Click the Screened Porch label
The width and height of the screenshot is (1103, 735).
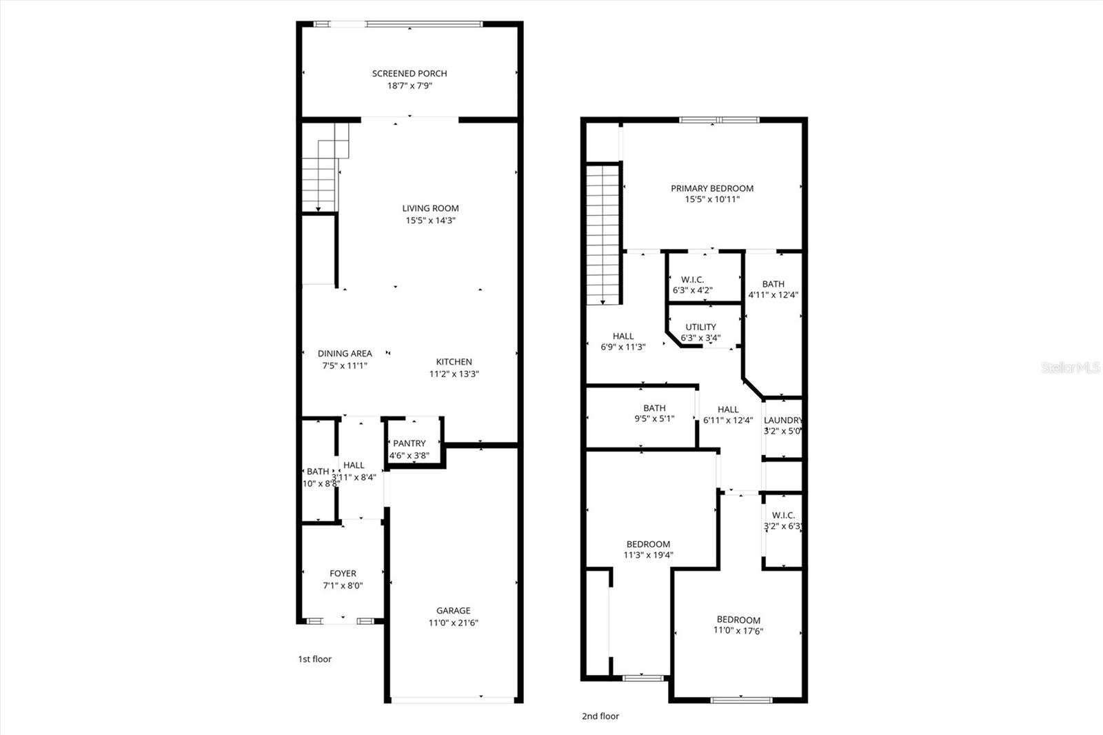pyautogui.click(x=409, y=73)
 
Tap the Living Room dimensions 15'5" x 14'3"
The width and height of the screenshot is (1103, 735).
pyautogui.click(x=430, y=221)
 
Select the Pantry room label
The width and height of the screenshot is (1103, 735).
pyautogui.click(x=409, y=443)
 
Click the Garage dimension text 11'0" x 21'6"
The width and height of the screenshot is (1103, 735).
pyautogui.click(x=453, y=623)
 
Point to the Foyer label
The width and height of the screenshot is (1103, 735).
pyautogui.click(x=343, y=573)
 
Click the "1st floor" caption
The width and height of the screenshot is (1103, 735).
pyautogui.click(x=314, y=659)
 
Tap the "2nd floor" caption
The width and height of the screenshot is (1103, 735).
pyautogui.click(x=600, y=716)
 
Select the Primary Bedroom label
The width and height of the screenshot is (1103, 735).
pyautogui.click(x=712, y=188)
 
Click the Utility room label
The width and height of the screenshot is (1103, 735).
pyautogui.click(x=700, y=327)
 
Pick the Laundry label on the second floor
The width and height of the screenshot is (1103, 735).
pyautogui.click(x=782, y=420)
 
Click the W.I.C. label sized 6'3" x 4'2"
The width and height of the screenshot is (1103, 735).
pyautogui.click(x=692, y=279)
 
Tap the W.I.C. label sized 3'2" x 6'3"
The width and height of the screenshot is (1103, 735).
pyautogui.click(x=783, y=515)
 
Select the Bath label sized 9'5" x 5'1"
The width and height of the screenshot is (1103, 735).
pyautogui.click(x=654, y=408)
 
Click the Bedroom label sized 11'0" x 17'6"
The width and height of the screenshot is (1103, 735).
pyautogui.click(x=738, y=620)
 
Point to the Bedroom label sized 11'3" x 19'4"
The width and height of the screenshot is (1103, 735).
pyautogui.click(x=648, y=544)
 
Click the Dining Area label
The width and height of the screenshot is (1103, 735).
pyautogui.click(x=345, y=353)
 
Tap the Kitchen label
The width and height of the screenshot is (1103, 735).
pyautogui.click(x=454, y=361)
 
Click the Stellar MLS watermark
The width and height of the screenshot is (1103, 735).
pyautogui.click(x=1070, y=367)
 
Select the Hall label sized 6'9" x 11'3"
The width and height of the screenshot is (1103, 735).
pyautogui.click(x=623, y=336)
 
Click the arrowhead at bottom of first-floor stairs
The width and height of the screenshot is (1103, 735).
pyautogui.click(x=318, y=209)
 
